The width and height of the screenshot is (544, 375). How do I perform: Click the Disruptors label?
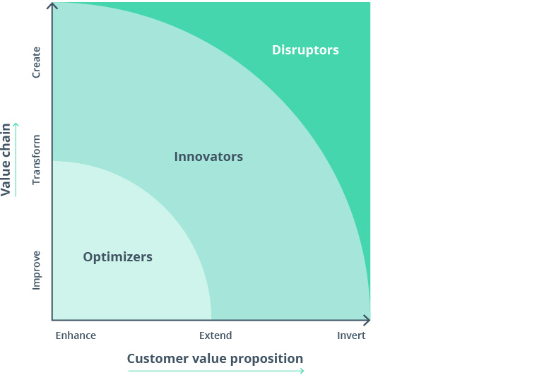(305, 50)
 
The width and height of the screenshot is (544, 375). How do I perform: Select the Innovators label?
(208, 157)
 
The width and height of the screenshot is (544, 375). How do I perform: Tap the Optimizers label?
(117, 257)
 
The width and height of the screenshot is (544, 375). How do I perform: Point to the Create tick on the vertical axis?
(37, 62)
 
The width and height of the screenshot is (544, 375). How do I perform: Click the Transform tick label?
(37, 160)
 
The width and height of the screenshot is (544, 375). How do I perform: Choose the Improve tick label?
(37, 269)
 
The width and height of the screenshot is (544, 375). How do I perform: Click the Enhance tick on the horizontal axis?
(76, 335)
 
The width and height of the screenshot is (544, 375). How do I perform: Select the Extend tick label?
(215, 335)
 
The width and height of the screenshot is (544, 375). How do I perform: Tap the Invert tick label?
(351, 335)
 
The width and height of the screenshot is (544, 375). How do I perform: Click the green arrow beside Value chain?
(16, 159)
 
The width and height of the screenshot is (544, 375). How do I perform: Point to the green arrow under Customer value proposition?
(215, 370)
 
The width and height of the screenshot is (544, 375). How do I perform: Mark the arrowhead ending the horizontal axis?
(366, 320)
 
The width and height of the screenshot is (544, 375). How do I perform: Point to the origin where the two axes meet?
(52, 320)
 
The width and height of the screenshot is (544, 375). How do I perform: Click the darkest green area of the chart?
(339, 106)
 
